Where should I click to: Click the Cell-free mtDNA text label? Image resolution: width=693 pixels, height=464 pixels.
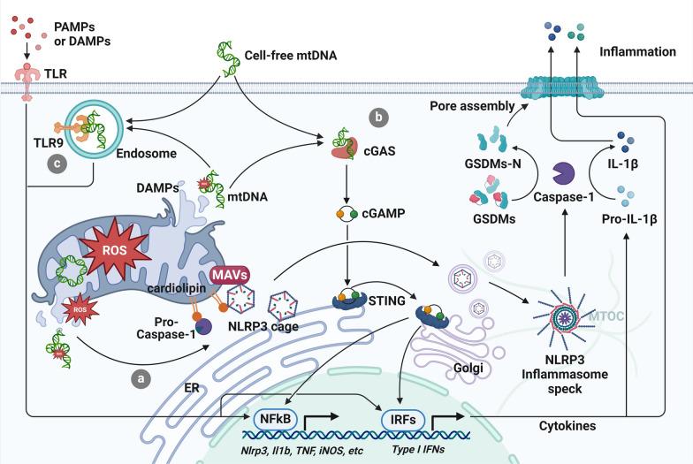pyautogui.click(x=286, y=55)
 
